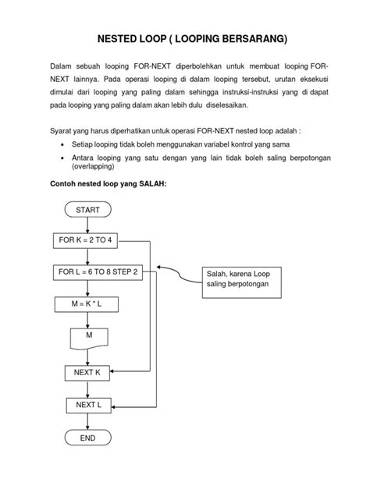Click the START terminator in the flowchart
tap(87, 211)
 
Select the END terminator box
tap(87, 438)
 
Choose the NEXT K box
tap(87, 373)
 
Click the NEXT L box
tap(87, 406)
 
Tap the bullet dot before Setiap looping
tap(62, 145)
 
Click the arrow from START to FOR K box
tap(87, 225)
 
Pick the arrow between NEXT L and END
tap(87, 422)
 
